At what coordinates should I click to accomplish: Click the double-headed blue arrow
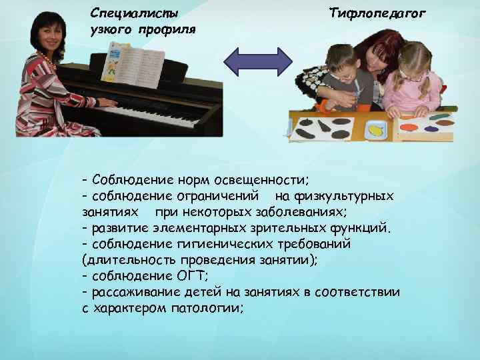(x=257, y=61)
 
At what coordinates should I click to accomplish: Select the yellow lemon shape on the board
(x=377, y=131)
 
